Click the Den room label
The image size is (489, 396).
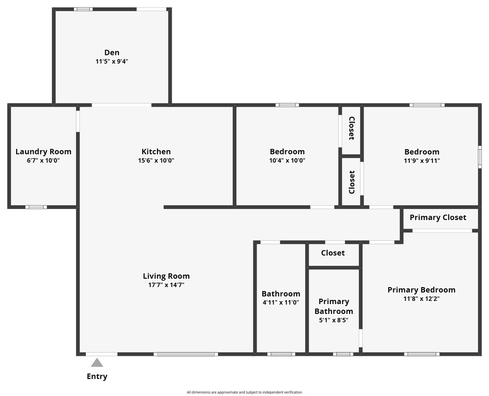point(112,53)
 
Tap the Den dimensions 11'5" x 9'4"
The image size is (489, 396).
point(112,62)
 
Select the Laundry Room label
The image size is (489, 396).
point(44,152)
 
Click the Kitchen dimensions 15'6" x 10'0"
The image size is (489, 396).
point(156,161)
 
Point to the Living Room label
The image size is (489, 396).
point(166,276)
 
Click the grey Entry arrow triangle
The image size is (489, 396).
point(97,362)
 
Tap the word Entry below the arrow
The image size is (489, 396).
point(97,377)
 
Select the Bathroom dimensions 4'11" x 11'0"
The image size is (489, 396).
point(281,302)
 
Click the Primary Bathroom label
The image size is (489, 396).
point(334,306)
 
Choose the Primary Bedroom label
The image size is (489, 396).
point(421,290)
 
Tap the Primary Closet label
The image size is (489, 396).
point(438,217)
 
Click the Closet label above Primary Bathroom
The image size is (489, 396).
point(333,253)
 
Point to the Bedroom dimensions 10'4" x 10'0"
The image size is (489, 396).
point(287,161)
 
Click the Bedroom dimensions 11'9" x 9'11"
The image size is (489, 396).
point(422,161)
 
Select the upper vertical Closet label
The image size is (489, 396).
point(351,128)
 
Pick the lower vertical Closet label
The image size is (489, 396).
point(351,182)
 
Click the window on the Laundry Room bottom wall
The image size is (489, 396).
point(36,207)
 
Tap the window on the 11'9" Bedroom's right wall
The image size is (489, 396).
point(480,157)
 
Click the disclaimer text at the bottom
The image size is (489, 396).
point(244,392)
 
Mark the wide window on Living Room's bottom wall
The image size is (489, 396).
point(186,354)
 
